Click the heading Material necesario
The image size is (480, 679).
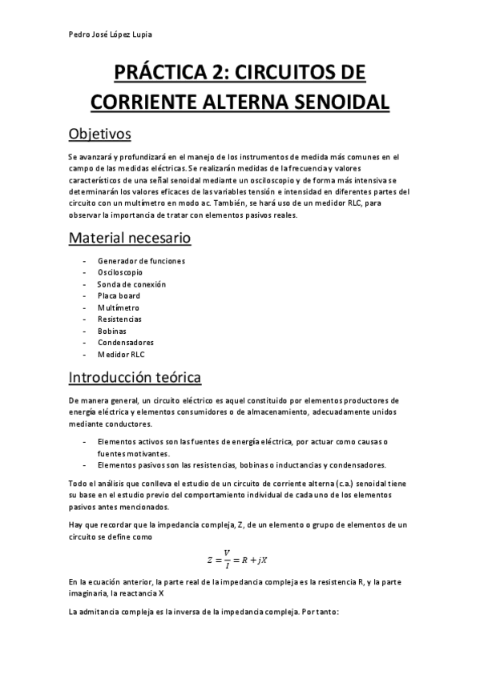(130, 238)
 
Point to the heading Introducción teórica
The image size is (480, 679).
(135, 376)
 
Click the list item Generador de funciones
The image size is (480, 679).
(141, 261)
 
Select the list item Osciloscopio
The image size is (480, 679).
(120, 272)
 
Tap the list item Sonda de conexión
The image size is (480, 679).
(131, 284)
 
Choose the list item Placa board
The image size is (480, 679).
(119, 295)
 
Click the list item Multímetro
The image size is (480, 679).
(118, 307)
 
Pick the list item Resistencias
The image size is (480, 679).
(119, 319)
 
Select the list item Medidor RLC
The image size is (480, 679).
(121, 354)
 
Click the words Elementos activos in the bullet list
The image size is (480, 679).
(127, 442)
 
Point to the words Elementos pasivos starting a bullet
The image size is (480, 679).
(127, 464)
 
